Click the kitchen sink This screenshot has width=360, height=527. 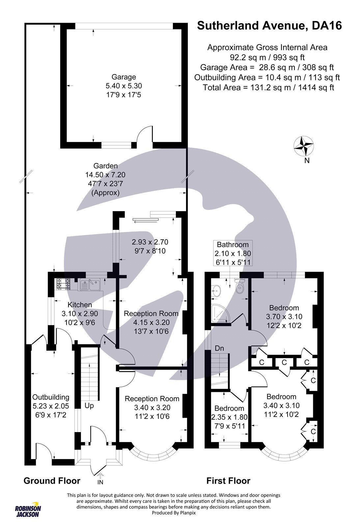click(90, 285)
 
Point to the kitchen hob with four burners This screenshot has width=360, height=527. click(64, 284)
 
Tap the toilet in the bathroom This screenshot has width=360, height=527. click(239, 287)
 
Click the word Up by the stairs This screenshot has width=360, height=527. click(89, 406)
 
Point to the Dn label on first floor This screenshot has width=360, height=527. click(219, 348)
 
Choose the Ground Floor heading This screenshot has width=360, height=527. click(52, 481)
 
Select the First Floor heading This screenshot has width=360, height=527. click(228, 481)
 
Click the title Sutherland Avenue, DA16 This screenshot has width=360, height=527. click(269, 25)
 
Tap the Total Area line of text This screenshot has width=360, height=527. click(268, 88)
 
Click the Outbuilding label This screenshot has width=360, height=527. click(51, 397)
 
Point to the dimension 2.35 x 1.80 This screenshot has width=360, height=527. click(229, 417)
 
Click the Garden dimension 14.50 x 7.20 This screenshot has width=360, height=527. click(105, 175)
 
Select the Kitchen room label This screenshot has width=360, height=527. click(79, 305)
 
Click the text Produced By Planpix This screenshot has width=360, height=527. click(174, 513)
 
